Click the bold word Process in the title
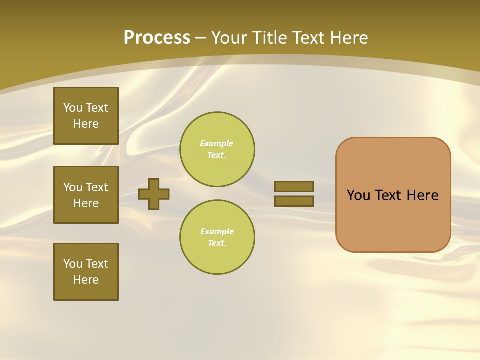pyautogui.click(x=157, y=38)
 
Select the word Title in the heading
pyautogui.click(x=270, y=38)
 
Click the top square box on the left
pyautogui.click(x=86, y=116)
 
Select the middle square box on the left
pyautogui.click(x=86, y=195)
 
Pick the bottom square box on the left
pyautogui.click(x=86, y=272)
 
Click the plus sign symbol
pyautogui.click(x=154, y=194)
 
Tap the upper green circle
pyautogui.click(x=217, y=149)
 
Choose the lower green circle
pyautogui.click(x=217, y=237)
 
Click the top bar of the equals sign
pyautogui.click(x=294, y=186)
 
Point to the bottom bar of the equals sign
pyautogui.click(x=294, y=201)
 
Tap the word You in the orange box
pyautogui.click(x=358, y=195)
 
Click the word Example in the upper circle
pyautogui.click(x=217, y=143)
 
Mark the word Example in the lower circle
pyautogui.click(x=217, y=231)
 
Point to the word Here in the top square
pyautogui.click(x=86, y=124)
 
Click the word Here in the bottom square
pyautogui.click(x=86, y=280)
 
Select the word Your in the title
pyautogui.click(x=229, y=38)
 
